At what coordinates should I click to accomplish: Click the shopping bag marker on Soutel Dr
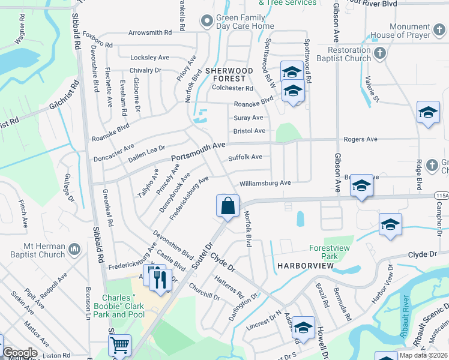pos(228,206)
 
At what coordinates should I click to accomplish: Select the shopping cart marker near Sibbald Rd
pos(120,346)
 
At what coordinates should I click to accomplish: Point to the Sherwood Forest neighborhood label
pos(226,74)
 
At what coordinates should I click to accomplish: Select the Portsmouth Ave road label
pos(198,151)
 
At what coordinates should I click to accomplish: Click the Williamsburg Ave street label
pos(265,183)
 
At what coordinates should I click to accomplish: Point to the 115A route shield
pos(441,196)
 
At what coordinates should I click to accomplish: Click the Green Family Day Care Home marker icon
pos(208,22)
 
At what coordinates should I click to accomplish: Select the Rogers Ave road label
pos(360,139)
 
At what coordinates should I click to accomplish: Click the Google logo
pos(20,353)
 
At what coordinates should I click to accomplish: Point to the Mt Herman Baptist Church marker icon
pos(74,248)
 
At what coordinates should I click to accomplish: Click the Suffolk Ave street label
pos(245,157)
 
